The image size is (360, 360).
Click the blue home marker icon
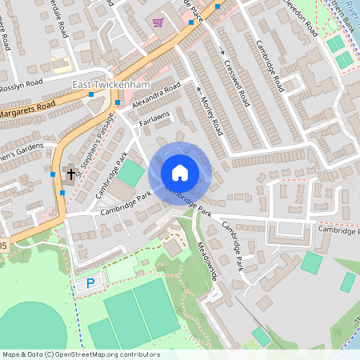click(x=180, y=172)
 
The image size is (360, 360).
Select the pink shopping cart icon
click(x=158, y=22)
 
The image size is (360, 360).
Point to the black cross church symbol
click(x=71, y=174)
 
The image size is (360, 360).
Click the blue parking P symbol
click(x=90, y=282)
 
